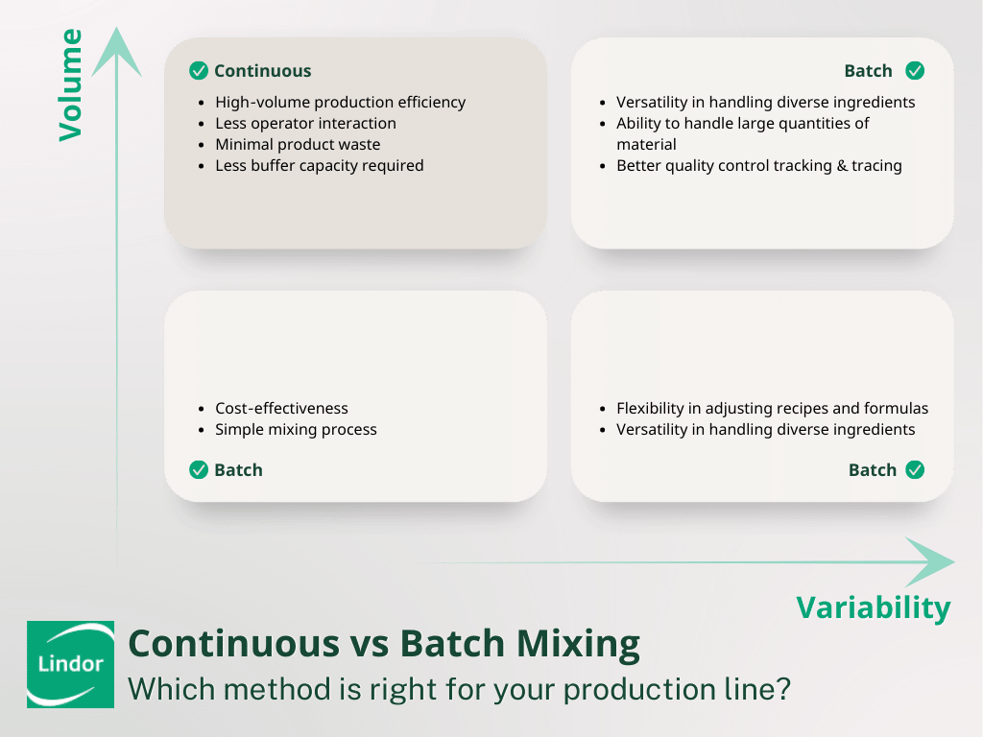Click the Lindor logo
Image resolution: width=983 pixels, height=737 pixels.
70,664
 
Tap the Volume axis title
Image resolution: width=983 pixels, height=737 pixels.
71,85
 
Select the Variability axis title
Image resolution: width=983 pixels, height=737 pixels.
873,607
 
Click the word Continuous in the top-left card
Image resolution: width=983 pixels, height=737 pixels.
262,71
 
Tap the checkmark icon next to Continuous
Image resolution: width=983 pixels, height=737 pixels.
199,71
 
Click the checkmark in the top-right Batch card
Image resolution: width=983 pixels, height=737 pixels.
915,71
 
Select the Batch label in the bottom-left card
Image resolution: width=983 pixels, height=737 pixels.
238,470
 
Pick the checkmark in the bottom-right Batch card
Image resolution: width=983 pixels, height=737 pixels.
915,470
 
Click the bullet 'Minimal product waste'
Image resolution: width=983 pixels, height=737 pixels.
298,145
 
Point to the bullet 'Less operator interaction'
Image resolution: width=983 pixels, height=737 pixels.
305,124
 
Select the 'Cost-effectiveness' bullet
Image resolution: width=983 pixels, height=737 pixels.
281,409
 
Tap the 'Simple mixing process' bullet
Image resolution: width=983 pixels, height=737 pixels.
296,430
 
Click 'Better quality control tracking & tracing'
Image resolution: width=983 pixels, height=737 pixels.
758,166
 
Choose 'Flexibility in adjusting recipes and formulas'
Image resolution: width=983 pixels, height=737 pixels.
772,409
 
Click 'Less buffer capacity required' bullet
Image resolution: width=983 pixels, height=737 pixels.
319,166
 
